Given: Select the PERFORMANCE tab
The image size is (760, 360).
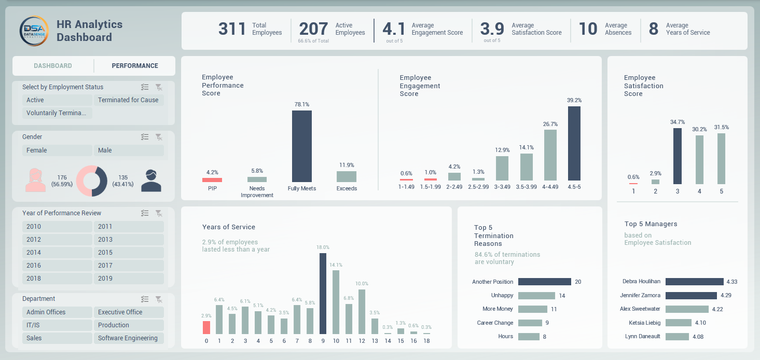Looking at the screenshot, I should (135, 66).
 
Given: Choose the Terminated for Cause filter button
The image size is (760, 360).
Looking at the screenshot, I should (129, 100).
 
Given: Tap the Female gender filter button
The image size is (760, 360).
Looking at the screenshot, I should (57, 150).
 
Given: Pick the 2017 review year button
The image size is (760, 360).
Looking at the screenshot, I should (129, 266).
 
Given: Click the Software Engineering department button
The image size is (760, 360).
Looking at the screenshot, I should (129, 338).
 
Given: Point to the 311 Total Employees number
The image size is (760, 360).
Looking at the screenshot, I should (232, 29).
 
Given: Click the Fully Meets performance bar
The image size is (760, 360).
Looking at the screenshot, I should (302, 146).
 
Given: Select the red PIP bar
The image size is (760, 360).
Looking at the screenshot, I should (212, 180).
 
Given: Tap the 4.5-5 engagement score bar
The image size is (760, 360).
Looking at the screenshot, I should (574, 143).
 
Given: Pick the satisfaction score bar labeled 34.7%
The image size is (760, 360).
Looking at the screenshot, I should (677, 156).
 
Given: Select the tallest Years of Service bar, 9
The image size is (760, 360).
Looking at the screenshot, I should (323, 293).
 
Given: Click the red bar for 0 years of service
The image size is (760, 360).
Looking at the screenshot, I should (206, 327).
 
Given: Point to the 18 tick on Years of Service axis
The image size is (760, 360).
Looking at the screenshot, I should (426, 341).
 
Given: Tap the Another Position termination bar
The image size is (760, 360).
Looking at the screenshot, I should (544, 282).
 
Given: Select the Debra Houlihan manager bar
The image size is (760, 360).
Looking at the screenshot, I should (694, 282).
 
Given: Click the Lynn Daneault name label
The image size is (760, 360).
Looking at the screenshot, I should (643, 336).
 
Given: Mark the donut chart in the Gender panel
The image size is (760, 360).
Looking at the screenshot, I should (92, 181).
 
